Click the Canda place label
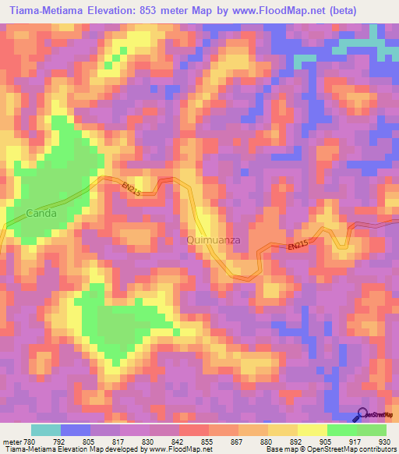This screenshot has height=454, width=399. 29,212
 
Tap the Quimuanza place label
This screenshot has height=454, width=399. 211,241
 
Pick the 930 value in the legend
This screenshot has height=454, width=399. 385,442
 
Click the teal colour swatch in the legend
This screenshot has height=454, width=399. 46,431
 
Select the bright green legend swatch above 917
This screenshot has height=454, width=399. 342,431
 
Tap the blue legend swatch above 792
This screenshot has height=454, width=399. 76,431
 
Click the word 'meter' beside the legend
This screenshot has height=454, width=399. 10,442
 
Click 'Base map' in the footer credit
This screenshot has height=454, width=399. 281,450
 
